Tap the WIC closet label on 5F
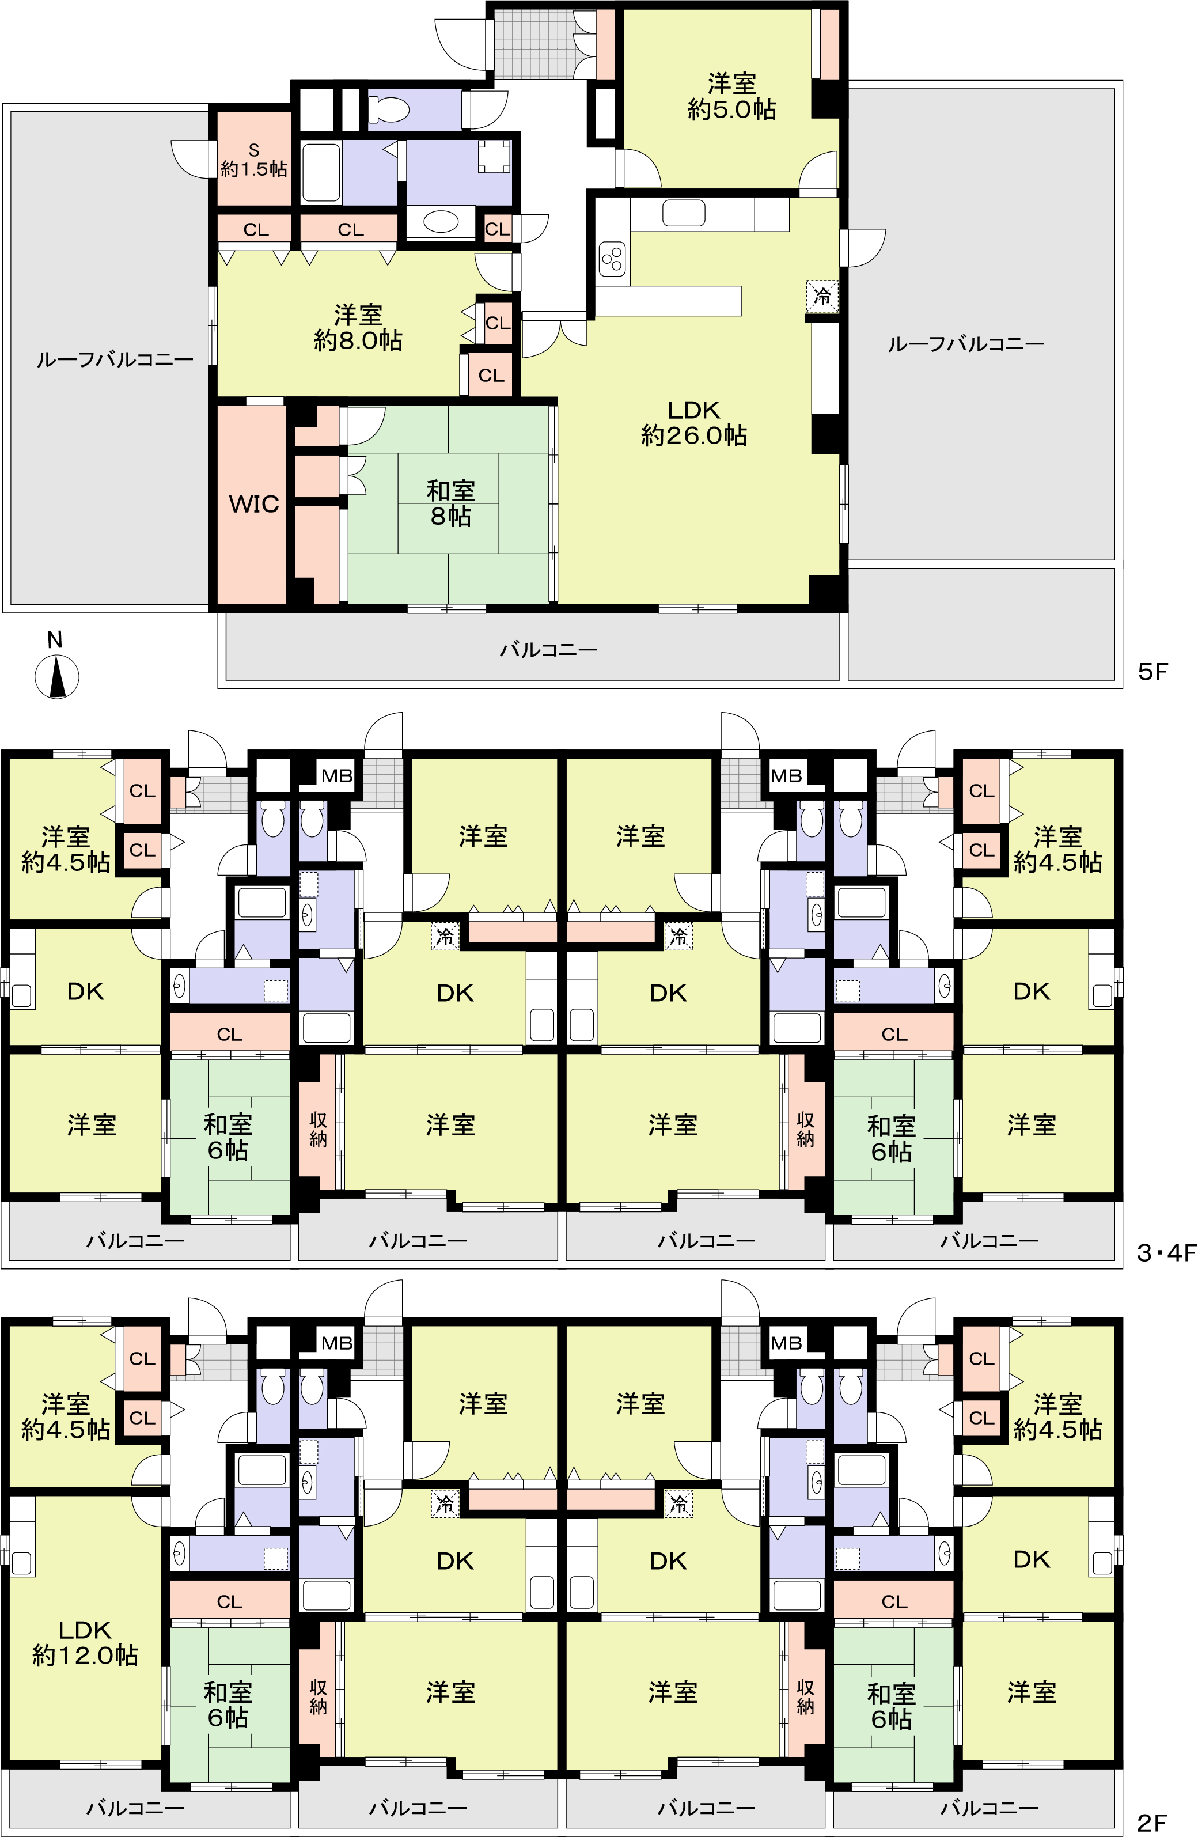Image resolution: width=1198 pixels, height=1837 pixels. [x=253, y=504]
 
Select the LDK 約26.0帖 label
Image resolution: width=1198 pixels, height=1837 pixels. [x=693, y=423]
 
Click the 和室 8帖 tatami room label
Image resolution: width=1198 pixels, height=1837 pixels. [x=451, y=503]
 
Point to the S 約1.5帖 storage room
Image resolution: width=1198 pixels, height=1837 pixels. [x=254, y=160]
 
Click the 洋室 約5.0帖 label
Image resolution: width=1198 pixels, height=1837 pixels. [x=732, y=96]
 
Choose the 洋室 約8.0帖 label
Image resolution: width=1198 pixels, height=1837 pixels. [x=358, y=328]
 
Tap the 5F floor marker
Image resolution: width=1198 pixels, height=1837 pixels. [x=1153, y=672]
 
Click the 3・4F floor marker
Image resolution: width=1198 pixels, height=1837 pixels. [x=1166, y=1252]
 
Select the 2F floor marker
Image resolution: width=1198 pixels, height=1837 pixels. [x=1152, y=1823]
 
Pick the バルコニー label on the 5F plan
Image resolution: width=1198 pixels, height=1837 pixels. [x=548, y=650]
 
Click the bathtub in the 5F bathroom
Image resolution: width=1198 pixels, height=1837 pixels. [x=321, y=172]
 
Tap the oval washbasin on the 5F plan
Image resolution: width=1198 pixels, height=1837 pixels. [x=441, y=222]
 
